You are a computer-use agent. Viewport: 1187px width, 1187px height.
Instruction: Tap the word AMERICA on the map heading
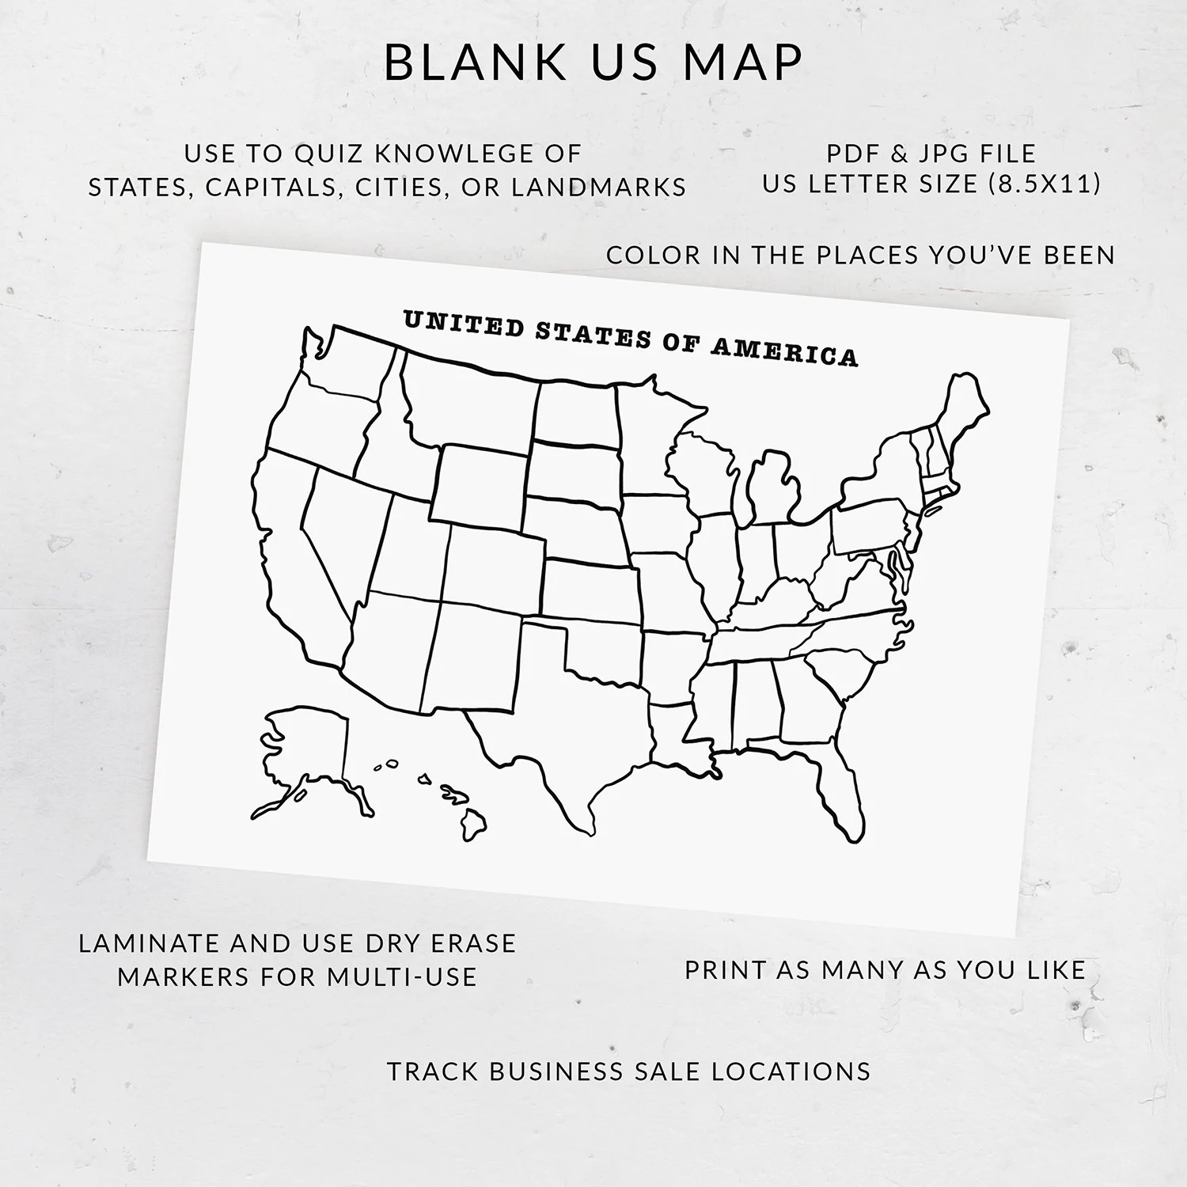click(x=783, y=351)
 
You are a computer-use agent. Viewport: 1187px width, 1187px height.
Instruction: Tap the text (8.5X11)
click(x=1044, y=184)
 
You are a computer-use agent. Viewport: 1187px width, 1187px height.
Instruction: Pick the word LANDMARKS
click(x=598, y=187)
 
